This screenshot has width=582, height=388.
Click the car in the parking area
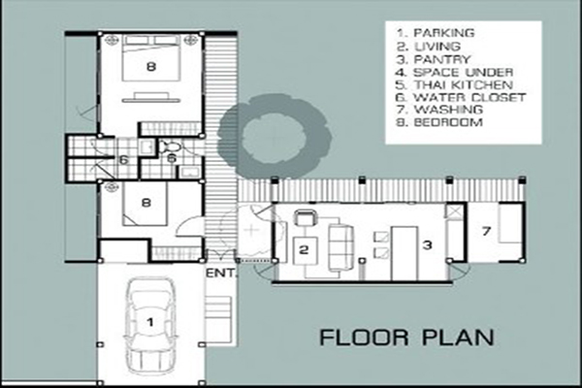(x=150, y=325)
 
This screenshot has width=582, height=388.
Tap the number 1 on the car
(x=150, y=321)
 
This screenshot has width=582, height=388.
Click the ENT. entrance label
(x=221, y=274)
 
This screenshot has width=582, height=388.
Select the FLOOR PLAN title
(x=406, y=338)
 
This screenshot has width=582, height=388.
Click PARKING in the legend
(x=444, y=33)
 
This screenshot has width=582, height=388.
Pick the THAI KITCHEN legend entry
(x=464, y=84)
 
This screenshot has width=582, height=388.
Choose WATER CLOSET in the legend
(x=469, y=97)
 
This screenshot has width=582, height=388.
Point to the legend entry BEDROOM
(x=448, y=122)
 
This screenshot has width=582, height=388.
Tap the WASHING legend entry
(x=448, y=110)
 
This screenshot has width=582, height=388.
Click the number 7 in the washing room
(x=486, y=231)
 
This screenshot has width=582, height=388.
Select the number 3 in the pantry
(x=428, y=244)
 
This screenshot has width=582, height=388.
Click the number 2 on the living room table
(x=304, y=249)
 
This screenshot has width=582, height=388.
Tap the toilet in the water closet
(x=172, y=146)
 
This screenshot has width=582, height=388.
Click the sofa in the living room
(x=340, y=247)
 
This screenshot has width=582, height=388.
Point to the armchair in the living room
(x=306, y=217)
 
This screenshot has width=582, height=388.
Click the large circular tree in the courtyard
(x=274, y=136)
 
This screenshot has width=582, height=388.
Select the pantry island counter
(x=404, y=254)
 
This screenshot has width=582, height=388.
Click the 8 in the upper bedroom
(x=150, y=67)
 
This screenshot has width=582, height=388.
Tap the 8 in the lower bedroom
(x=146, y=203)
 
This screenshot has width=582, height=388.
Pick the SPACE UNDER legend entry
(x=464, y=72)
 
